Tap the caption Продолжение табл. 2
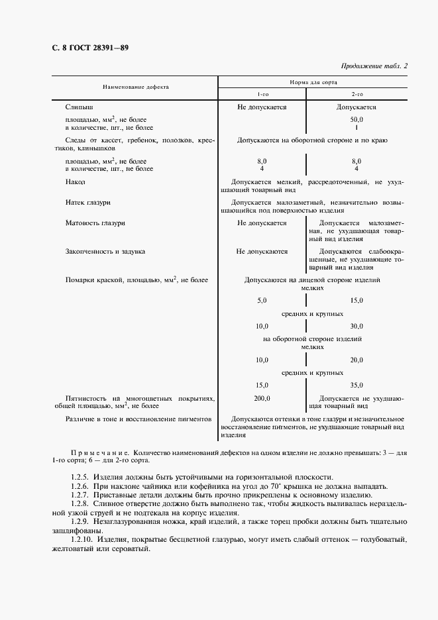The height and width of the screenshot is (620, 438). coord(374,66)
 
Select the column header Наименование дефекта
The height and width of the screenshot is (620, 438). coord(135,87)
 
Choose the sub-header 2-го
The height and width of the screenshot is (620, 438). coord(356,94)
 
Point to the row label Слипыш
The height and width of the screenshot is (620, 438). coord(80,107)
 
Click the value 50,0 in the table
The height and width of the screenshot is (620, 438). coord(356,119)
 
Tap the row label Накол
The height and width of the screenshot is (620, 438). coord(76,181)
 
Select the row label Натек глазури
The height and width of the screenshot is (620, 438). coord(87,202)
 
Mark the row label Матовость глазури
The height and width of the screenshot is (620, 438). coord(95,223)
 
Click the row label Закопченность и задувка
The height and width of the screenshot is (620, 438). coord(105,252)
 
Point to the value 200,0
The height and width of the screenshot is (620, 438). coord(262,398)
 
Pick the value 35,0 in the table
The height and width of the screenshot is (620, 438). coord(356,385)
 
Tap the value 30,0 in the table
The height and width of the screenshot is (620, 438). coord(356,327)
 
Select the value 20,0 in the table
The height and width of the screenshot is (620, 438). coord(356,360)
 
